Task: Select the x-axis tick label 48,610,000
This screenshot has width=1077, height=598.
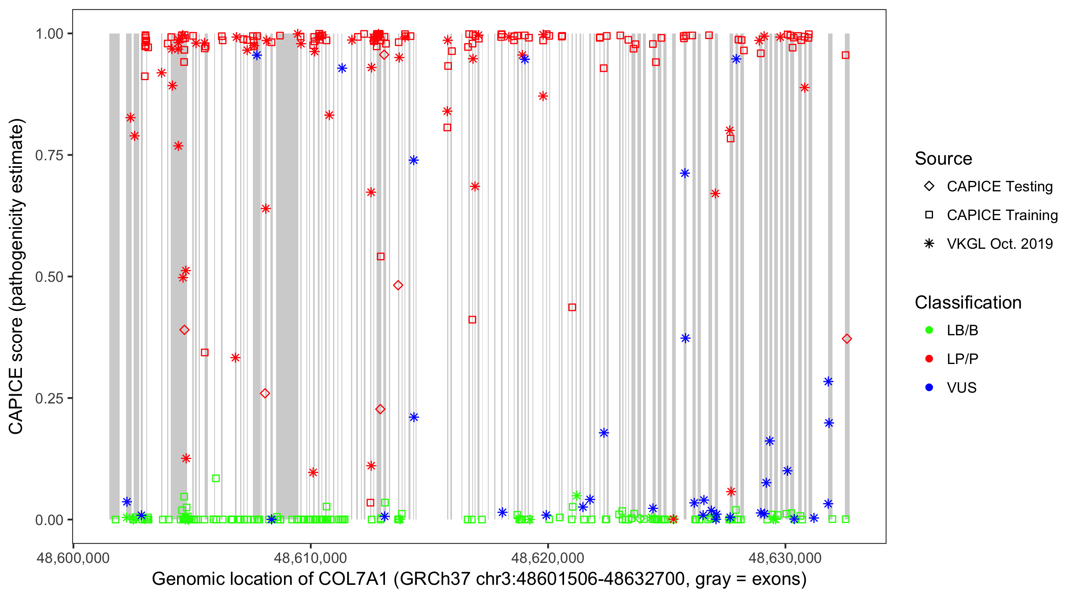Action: (x=310, y=558)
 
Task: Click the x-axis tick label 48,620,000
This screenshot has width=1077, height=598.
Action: (x=548, y=558)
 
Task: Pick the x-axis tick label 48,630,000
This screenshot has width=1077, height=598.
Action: (x=785, y=558)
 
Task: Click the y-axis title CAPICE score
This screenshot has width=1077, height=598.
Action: (x=17, y=277)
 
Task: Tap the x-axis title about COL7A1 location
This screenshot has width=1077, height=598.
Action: (x=479, y=579)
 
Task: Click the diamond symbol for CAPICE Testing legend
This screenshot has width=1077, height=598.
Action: (x=929, y=186)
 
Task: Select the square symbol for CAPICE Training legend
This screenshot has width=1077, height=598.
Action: (x=929, y=215)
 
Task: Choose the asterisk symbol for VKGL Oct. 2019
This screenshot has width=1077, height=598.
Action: (x=929, y=244)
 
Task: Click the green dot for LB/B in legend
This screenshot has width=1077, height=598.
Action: (x=929, y=330)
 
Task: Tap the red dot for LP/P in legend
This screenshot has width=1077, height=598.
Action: (x=929, y=359)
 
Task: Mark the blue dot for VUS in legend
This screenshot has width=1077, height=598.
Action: (x=929, y=388)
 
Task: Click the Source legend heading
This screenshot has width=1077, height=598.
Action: (x=943, y=159)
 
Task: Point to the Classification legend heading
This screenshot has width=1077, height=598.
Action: (x=968, y=303)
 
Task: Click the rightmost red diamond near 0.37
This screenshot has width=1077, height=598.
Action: (x=846, y=339)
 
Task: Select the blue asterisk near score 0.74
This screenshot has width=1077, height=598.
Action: (x=414, y=161)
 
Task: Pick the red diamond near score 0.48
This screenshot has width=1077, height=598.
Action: (x=398, y=285)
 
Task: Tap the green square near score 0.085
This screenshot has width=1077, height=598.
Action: (x=216, y=478)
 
